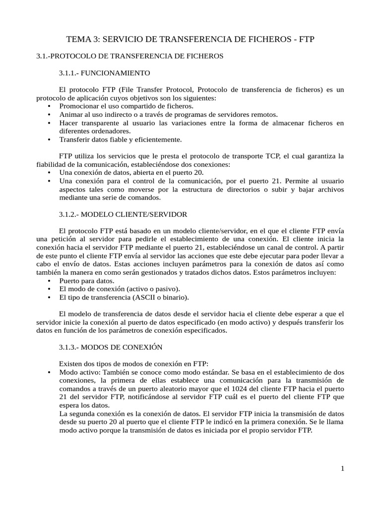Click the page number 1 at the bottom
342,469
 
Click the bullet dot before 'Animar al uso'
48,114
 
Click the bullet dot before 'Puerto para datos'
48,280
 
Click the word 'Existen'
71,363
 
